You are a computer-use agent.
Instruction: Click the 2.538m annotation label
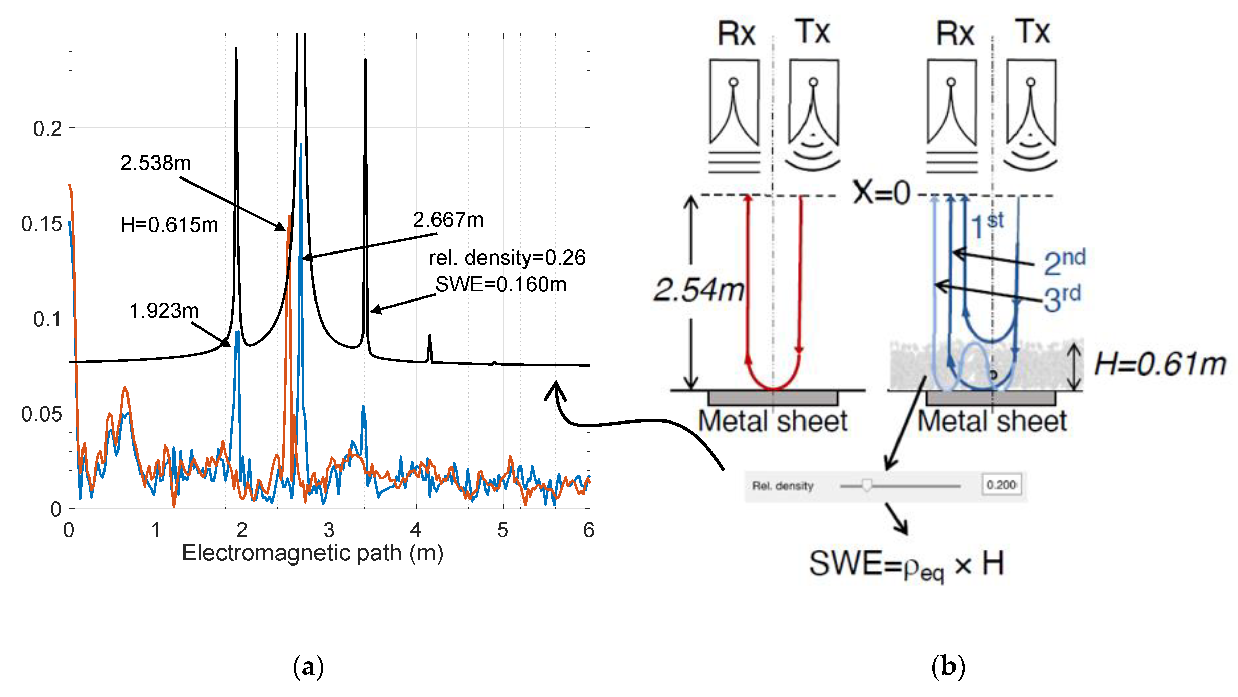[155, 163]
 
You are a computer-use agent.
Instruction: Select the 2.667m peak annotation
[448, 220]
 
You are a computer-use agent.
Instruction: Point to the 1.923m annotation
[164, 311]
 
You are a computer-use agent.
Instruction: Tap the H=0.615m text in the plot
[169, 225]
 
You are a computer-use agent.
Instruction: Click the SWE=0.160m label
[500, 284]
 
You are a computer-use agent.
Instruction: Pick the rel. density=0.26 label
[507, 258]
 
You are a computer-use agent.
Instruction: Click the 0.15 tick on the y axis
[42, 224]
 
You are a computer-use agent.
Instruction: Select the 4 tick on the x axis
[416, 530]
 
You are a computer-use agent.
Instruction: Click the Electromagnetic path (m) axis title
[312, 553]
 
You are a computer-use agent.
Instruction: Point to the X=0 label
[881, 194]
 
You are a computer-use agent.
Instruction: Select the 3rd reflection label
[1062, 298]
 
